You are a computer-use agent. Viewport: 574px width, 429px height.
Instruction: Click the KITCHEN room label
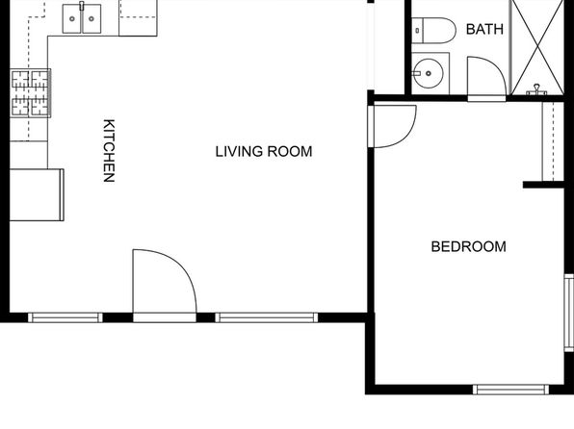(109, 150)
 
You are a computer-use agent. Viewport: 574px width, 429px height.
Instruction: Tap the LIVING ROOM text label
(264, 151)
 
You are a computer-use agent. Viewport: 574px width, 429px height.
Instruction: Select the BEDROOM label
(469, 246)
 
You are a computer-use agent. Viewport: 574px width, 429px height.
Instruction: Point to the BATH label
(484, 29)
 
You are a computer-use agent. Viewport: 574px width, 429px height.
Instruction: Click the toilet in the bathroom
(433, 31)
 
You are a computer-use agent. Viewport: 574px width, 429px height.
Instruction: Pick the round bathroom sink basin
(429, 73)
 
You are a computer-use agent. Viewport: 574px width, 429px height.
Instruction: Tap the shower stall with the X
(536, 47)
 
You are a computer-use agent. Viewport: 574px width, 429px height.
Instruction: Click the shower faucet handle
(536, 89)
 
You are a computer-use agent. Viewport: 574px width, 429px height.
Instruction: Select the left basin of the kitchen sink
(72, 18)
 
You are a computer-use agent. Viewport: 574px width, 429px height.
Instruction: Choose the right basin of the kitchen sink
(91, 18)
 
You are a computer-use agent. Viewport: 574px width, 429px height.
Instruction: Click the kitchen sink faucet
(82, 6)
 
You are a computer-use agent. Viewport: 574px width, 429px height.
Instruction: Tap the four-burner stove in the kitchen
(31, 93)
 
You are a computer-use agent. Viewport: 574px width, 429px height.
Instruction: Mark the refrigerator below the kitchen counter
(37, 194)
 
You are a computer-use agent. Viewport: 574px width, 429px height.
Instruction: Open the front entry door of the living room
(165, 282)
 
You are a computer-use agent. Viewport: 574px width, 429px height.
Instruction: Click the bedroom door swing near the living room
(392, 126)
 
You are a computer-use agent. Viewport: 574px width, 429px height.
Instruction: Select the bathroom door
(487, 79)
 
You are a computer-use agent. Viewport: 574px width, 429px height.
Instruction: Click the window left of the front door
(65, 317)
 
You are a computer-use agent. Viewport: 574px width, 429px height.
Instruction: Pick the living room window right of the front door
(267, 317)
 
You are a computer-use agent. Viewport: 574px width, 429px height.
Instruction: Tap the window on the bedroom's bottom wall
(510, 390)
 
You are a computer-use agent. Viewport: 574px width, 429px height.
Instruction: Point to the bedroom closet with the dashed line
(553, 141)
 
